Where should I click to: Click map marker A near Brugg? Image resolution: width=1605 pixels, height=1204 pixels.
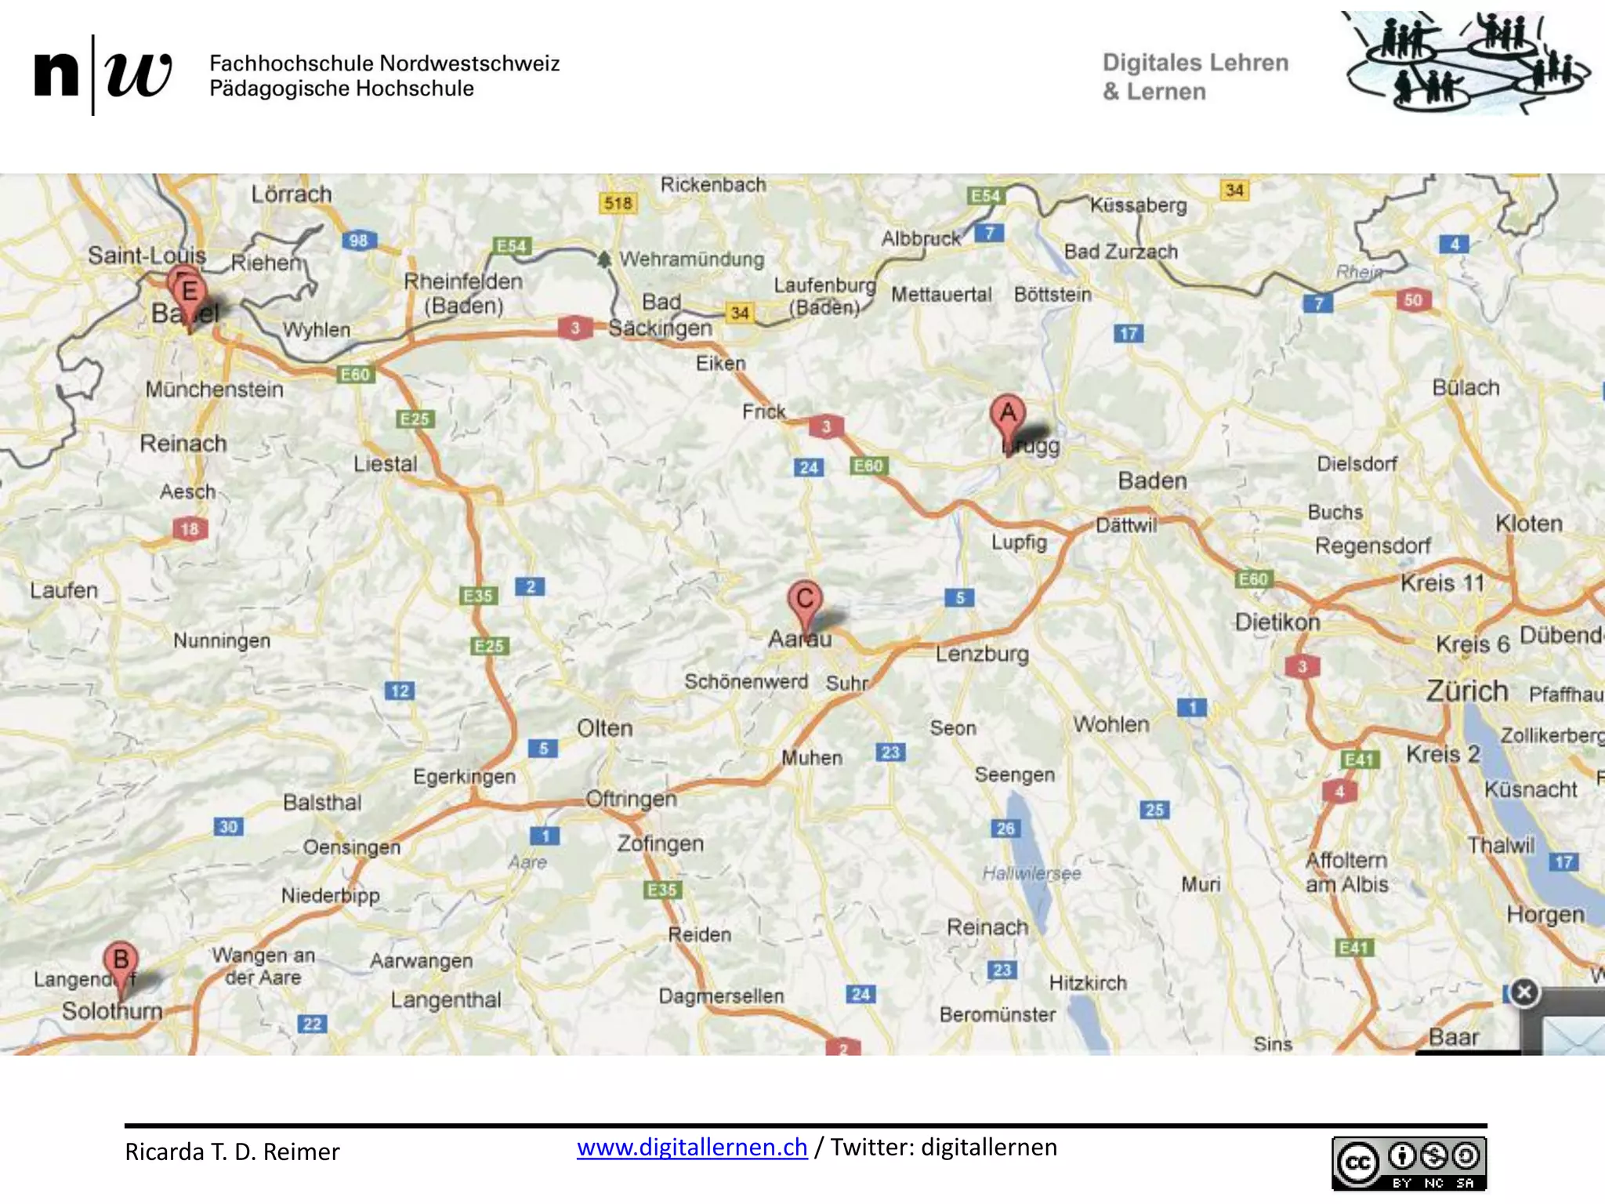[1008, 413]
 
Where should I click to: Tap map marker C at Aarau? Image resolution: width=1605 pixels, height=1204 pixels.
[804, 601]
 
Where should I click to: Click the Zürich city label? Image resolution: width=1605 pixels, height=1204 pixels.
[1466, 691]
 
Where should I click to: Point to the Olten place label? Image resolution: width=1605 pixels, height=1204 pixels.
[604, 728]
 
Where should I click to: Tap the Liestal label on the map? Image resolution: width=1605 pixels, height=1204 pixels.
[385, 464]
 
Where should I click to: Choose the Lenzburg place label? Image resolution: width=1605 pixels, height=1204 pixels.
[982, 653]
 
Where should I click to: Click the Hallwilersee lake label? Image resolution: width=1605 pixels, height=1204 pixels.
[1031, 873]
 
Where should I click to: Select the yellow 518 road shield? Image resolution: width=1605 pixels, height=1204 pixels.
[618, 204]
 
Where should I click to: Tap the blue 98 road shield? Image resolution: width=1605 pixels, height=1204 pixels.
[359, 241]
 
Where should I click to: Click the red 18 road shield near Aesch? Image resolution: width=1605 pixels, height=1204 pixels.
[190, 529]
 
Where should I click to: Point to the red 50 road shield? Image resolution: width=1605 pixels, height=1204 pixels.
[1413, 300]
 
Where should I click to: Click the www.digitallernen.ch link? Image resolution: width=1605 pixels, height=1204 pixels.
[692, 1148]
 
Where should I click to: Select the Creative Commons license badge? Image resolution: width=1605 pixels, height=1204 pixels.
[1408, 1164]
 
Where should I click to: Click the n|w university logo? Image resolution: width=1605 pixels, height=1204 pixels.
[103, 74]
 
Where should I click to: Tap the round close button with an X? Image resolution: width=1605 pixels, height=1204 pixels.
[1524, 992]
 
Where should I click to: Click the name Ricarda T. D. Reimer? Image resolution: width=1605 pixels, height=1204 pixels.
[232, 1151]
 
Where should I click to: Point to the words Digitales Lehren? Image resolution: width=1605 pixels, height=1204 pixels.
[1195, 63]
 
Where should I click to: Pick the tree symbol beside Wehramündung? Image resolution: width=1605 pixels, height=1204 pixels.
[603, 259]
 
